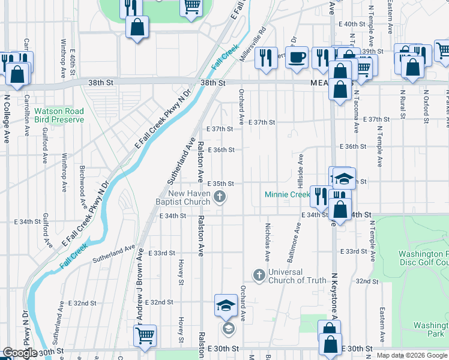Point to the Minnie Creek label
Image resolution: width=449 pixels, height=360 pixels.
point(288,194)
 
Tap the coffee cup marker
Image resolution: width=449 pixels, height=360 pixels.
point(296,58)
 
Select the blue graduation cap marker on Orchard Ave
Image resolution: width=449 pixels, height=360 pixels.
point(225,306)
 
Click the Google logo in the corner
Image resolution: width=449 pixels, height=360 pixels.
point(20,353)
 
